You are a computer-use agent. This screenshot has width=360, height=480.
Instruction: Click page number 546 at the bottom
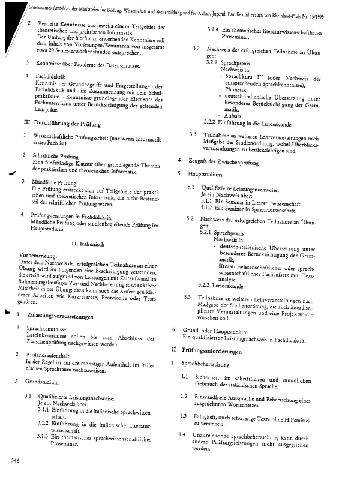point(15,461)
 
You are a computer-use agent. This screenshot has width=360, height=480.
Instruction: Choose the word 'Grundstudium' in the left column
point(42,381)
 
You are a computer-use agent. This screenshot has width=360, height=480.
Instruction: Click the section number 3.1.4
point(214,29)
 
